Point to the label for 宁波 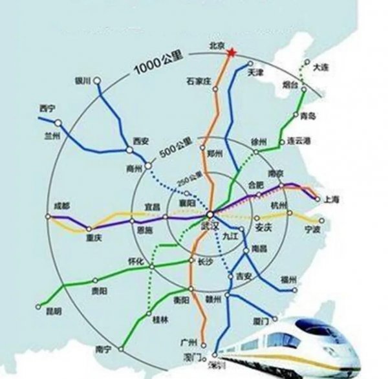click(x=312, y=229)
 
